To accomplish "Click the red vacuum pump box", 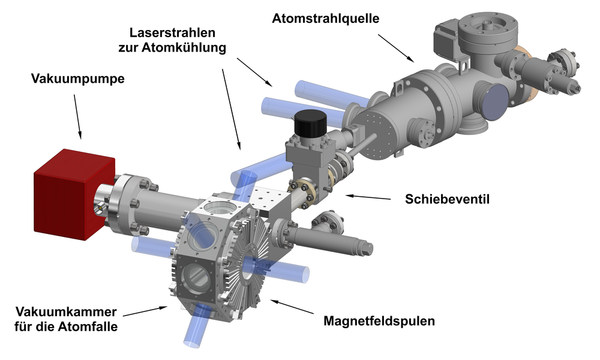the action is point(74,194).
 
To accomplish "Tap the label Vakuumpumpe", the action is point(77,79).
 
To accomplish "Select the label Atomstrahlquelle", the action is point(326,19).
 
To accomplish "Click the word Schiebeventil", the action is point(448,199).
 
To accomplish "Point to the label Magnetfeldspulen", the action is point(379,320).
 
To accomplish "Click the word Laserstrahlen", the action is point(172,32).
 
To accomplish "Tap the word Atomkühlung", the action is point(184,48).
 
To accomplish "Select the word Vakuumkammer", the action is point(66,312).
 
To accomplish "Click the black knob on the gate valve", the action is point(310,122).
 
